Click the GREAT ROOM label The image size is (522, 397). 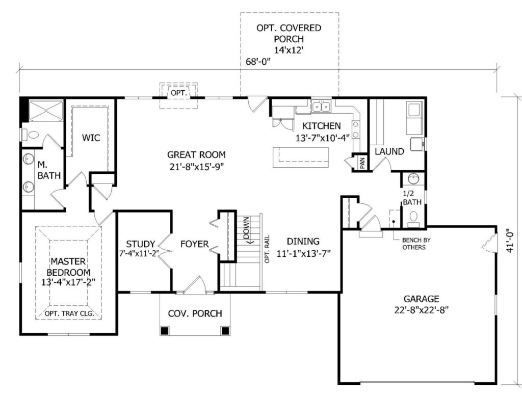coord(196,155)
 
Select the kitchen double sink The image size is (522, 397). coord(321,107)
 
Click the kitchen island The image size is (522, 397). coord(301,157)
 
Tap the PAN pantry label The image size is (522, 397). coord(362,163)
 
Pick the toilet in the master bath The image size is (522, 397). coord(30,135)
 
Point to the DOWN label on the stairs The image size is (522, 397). coord(246,228)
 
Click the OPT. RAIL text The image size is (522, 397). coord(267,249)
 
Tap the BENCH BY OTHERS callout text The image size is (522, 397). coord(414,244)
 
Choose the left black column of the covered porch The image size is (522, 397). coord(164,331)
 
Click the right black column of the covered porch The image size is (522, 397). coord(225,331)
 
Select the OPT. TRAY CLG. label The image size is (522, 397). coord(69,313)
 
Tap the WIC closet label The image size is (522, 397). coord(91,138)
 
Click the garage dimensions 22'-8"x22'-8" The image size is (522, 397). coord(422,310)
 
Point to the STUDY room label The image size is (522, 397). coord(141,244)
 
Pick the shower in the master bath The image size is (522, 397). coord(45,111)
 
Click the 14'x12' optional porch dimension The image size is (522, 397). coord(289,50)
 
